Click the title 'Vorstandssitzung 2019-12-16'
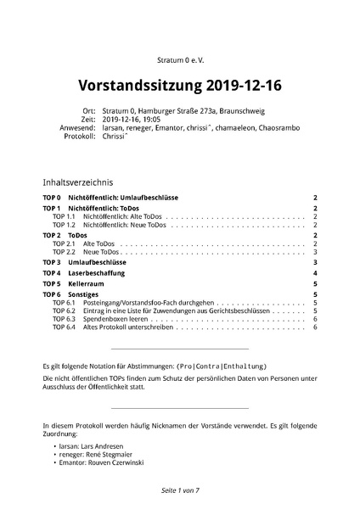pyautogui.click(x=179, y=86)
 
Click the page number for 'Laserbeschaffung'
pyautogui.click(x=314, y=273)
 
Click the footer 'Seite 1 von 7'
pyautogui.click(x=179, y=491)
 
